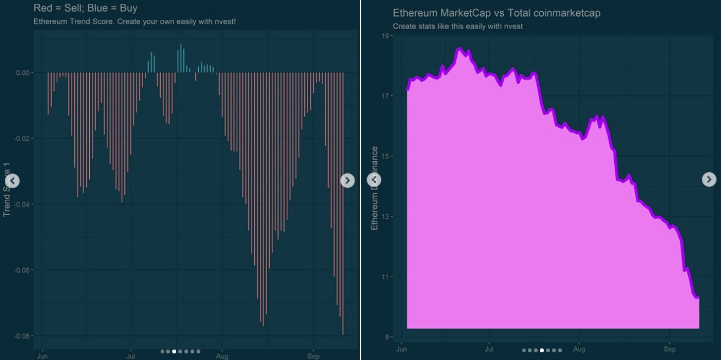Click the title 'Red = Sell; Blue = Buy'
pyautogui.click(x=85, y=8)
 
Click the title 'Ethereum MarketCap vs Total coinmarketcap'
pyautogui.click(x=496, y=13)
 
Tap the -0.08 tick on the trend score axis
pyautogui.click(x=24, y=336)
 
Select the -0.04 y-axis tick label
pyautogui.click(x=24, y=205)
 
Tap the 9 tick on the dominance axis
pyautogui.click(x=386, y=337)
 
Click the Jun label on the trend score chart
pyautogui.click(x=42, y=356)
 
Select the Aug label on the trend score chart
pyautogui.click(x=222, y=356)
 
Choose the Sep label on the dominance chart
pyautogui.click(x=669, y=350)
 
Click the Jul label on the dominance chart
pyautogui.click(x=489, y=350)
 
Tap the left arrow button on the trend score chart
pyautogui.click(x=13, y=181)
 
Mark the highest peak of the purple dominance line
pyautogui.click(x=460, y=49)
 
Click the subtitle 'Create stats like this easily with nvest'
pyautogui.click(x=457, y=26)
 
